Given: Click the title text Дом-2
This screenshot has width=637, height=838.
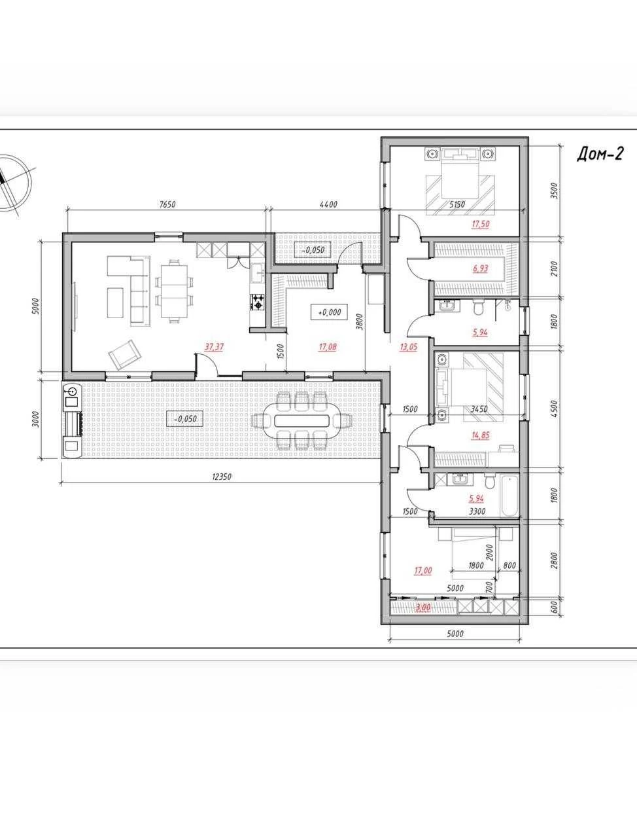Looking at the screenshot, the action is [x=600, y=155].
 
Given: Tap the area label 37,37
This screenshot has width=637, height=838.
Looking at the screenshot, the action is [x=215, y=347].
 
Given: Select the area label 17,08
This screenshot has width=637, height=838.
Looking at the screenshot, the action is [x=327, y=347].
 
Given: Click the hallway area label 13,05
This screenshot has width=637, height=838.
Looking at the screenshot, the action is [x=408, y=347].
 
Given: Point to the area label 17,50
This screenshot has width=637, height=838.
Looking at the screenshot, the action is [x=480, y=224].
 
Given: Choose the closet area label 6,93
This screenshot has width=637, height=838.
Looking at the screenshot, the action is [x=480, y=268].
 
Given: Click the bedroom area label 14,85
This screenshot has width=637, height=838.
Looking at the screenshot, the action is [x=480, y=435].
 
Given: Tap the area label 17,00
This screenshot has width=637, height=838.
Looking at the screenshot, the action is [x=423, y=570].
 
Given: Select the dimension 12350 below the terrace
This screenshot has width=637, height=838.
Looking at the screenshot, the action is [x=222, y=477].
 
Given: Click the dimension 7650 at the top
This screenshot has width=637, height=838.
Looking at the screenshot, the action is [x=167, y=204].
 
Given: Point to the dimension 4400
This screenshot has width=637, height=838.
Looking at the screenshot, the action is [x=328, y=204].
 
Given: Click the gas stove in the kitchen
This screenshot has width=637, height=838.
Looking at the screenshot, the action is [x=258, y=302].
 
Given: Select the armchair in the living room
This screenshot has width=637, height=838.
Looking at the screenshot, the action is [x=125, y=354].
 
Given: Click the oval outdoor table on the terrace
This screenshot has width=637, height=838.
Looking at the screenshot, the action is [x=302, y=421].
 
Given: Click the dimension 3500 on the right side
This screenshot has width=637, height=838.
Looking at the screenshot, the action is [x=555, y=191].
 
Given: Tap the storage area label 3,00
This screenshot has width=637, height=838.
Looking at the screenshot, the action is [x=423, y=607].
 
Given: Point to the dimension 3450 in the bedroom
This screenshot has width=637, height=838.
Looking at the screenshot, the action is [x=479, y=409].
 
